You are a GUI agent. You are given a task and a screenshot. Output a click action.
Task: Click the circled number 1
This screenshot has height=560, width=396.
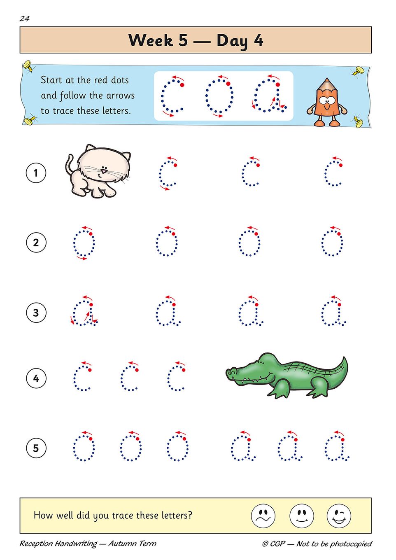(36, 173)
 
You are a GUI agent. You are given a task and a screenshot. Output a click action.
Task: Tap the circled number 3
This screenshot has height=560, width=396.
(36, 313)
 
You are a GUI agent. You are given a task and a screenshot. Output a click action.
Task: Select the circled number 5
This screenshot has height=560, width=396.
(36, 448)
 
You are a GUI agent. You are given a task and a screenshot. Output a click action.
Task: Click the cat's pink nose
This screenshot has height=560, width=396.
(104, 171)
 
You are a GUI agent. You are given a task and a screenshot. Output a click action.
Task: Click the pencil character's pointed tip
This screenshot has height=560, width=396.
(326, 79)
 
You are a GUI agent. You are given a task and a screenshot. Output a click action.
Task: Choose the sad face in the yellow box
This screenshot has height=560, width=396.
(263, 516)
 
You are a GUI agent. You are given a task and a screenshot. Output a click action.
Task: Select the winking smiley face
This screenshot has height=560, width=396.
(339, 516)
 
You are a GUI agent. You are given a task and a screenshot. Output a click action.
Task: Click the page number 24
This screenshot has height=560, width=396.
(25, 19)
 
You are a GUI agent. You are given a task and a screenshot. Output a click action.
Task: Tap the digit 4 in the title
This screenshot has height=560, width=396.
(258, 40)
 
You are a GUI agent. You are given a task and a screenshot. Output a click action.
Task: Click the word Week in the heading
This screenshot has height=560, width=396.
(151, 40)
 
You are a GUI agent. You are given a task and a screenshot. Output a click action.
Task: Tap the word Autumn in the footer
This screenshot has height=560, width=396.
(119, 544)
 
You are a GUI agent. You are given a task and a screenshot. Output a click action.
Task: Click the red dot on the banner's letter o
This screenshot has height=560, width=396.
(228, 84)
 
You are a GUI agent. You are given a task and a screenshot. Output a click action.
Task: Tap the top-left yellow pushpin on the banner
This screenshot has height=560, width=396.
(29, 66)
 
